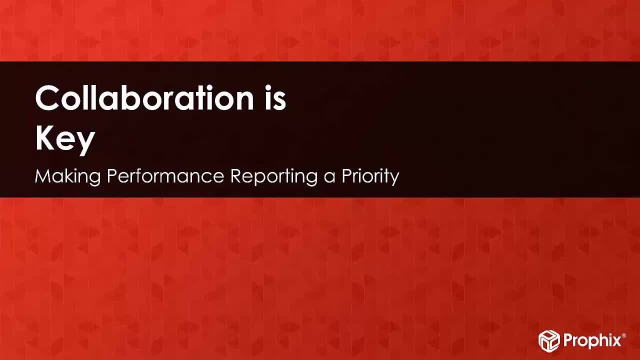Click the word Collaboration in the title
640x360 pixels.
click(144, 97)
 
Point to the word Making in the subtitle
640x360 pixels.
click(67, 177)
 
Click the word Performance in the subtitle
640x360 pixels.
click(165, 176)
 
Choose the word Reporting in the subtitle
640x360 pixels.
click(274, 177)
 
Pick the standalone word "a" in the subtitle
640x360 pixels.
click(329, 178)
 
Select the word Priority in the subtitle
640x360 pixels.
click(370, 177)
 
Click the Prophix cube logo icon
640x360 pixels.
click(549, 340)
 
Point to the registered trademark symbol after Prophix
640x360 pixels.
click(623, 335)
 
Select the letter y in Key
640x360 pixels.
click(85, 144)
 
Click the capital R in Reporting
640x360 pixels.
click(236, 176)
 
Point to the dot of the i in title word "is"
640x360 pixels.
click(268, 88)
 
